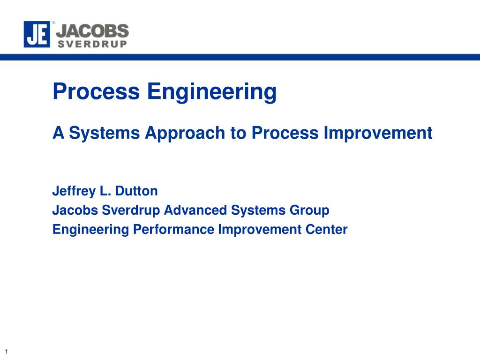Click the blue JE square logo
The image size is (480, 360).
37,34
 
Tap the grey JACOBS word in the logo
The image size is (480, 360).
92,31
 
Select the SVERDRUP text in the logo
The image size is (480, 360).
92,44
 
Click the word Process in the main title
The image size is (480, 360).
96,91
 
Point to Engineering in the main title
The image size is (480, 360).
212,92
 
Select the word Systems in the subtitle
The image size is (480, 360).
105,133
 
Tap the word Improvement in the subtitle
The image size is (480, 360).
378,133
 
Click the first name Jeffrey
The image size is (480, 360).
74,191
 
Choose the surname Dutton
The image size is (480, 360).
136,191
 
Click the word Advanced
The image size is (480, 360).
195,210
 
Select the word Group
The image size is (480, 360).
309,211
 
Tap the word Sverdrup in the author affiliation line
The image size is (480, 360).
131,211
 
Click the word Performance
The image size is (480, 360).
173,230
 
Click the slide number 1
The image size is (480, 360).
7,352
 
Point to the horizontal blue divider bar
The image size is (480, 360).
240,57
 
